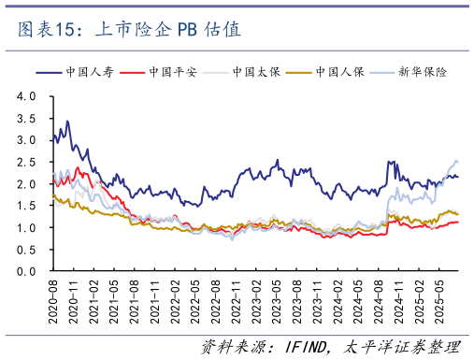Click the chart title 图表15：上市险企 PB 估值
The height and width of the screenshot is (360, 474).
(130, 30)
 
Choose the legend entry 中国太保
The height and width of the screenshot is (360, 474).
(237, 71)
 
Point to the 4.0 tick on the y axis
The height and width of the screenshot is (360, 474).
(26, 96)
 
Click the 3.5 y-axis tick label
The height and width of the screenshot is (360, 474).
(26, 118)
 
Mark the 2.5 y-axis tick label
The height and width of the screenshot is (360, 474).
(26, 162)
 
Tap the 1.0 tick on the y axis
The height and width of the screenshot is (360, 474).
(26, 228)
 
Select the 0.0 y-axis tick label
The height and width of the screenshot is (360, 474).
(26, 272)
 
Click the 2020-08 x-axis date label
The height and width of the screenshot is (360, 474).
(54, 298)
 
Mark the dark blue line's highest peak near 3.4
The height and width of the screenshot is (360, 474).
(66, 122)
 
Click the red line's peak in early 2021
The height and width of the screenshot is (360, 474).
(79, 168)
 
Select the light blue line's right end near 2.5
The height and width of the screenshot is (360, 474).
(456, 161)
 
